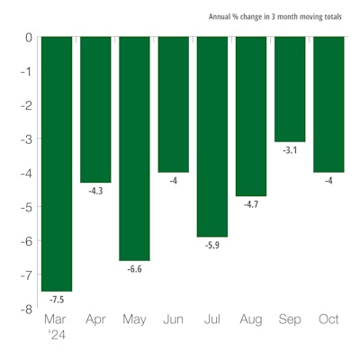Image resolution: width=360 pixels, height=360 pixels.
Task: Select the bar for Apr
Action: pos(96,110)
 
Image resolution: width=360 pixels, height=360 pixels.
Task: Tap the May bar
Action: pos(135,148)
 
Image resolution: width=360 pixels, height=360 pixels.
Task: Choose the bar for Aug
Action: pos(251,116)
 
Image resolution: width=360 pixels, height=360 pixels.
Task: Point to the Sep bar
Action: pos(290,89)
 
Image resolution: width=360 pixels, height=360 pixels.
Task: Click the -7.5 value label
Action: pos(58,298)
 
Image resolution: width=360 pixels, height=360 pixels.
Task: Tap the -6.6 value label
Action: pos(135,268)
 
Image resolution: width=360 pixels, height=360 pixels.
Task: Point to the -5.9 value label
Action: pos(212,244)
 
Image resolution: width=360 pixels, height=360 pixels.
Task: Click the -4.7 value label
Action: pos(251,203)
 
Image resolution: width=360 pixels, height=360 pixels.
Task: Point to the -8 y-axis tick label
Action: pos(26,309)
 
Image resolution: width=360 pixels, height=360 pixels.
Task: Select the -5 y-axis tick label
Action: pos(26,207)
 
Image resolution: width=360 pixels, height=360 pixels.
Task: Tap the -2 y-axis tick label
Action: pos(26,105)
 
